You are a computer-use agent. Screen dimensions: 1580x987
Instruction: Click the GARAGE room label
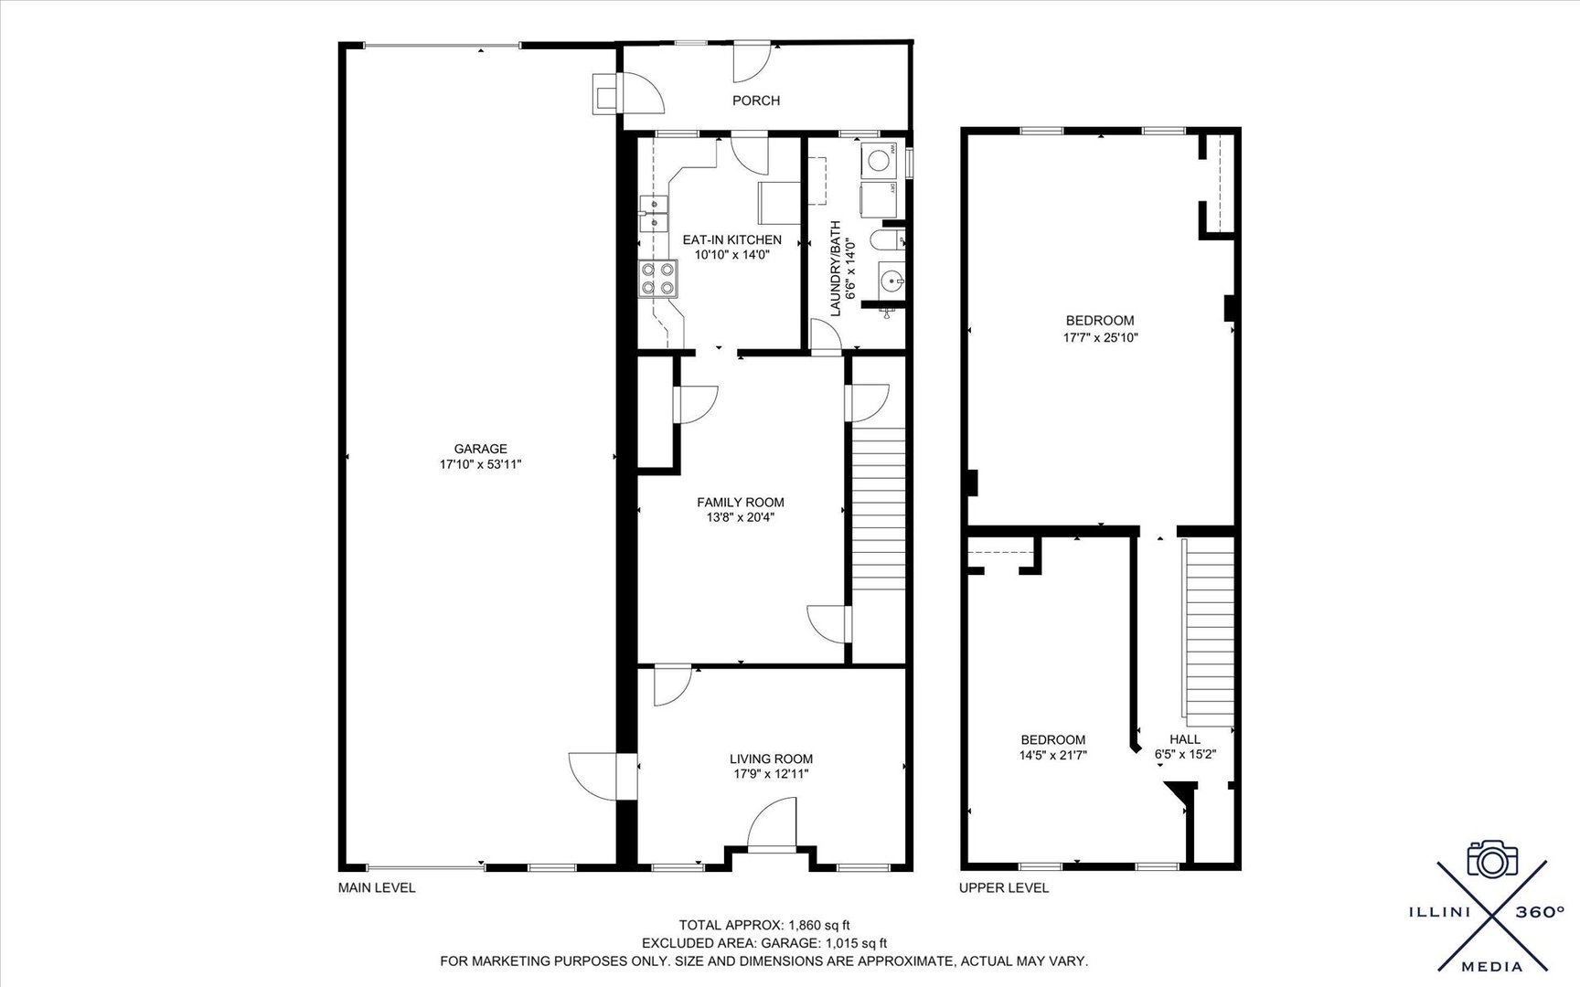pos(480,449)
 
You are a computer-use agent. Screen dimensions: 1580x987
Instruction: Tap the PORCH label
pos(756,101)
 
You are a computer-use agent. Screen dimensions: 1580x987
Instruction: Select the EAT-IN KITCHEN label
pos(732,240)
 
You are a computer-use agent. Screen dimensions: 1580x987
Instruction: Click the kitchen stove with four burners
pos(658,278)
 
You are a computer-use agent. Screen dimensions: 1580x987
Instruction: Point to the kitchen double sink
pos(653,214)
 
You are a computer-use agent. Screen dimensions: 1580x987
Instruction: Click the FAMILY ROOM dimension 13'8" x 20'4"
pos(741,517)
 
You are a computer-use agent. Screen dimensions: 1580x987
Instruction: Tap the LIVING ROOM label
pos(771,759)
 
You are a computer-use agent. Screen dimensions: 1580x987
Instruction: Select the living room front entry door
pos(773,822)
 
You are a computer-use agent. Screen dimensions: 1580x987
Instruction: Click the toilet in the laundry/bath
pos(884,240)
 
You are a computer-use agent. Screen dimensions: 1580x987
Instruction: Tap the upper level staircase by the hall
pos(1209,631)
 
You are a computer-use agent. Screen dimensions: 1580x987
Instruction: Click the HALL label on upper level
pos(1185,739)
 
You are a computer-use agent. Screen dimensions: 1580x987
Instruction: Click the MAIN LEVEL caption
pos(377,887)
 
